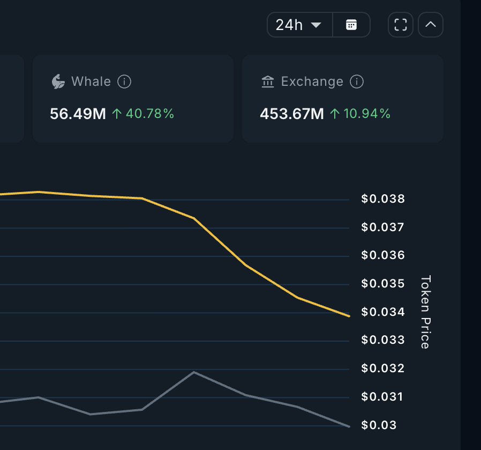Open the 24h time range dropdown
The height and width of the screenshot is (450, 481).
click(x=299, y=25)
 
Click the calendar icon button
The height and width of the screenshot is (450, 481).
click(x=351, y=25)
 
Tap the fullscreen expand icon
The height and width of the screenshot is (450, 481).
click(x=401, y=25)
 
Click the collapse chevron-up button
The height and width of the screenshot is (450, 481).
click(x=431, y=25)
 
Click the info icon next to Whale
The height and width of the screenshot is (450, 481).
click(x=124, y=82)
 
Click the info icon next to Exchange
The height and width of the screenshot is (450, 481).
click(x=357, y=82)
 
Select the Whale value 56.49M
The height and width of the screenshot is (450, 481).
click(x=78, y=114)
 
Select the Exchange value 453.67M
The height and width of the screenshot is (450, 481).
click(x=292, y=114)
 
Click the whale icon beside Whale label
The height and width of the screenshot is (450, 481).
click(x=58, y=82)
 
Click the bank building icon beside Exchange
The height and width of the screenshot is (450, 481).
click(x=267, y=82)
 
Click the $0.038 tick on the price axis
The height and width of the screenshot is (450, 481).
click(x=383, y=199)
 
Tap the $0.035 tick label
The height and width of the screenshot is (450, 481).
click(x=383, y=284)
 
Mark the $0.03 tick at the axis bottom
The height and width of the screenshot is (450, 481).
click(x=379, y=425)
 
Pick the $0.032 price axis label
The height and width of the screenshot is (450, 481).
click(x=383, y=368)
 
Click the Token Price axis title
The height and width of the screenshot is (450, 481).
click(x=425, y=312)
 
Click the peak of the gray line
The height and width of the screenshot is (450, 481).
click(x=193, y=372)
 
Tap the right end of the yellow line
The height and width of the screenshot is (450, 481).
click(x=349, y=316)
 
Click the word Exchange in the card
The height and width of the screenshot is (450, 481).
click(x=312, y=82)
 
